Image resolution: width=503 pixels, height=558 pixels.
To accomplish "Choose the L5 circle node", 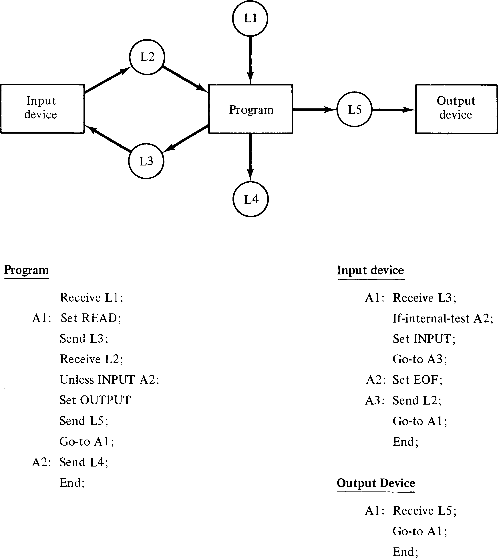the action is (x=354, y=109).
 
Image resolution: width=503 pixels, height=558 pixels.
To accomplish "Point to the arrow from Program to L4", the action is (x=250, y=157).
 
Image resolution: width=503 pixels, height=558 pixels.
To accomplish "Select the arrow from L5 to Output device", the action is (x=393, y=110).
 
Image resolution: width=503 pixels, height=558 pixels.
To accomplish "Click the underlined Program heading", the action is (x=27, y=270).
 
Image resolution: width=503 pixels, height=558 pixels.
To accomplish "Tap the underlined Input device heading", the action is (x=371, y=270).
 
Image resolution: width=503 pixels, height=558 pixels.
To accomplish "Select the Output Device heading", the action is (x=376, y=483).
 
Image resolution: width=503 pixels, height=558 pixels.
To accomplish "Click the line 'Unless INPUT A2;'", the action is (x=110, y=380).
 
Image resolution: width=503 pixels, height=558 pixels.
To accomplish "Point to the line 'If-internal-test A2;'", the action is (x=443, y=319).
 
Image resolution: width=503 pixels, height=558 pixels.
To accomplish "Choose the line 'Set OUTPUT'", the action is (x=95, y=400).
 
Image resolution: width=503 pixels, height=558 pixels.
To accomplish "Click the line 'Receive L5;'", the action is (x=425, y=511).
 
